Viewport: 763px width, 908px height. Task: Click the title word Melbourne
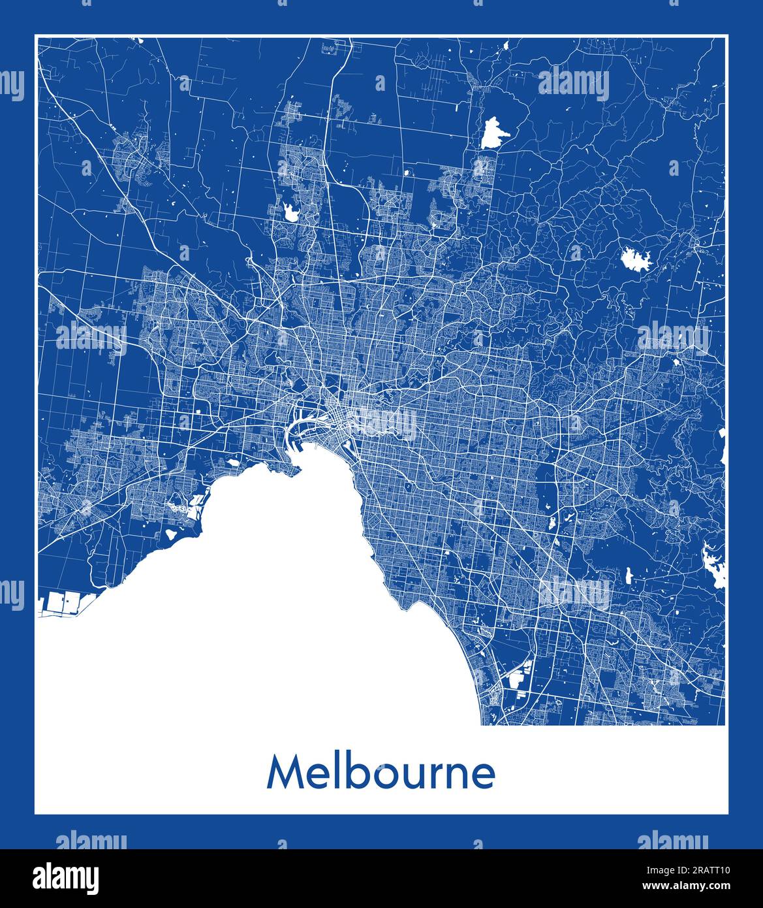(x=381, y=773)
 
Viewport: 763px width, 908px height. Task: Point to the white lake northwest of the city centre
(x=290, y=211)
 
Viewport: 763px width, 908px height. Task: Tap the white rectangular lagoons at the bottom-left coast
(x=62, y=604)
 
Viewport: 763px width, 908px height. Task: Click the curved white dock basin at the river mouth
(x=305, y=430)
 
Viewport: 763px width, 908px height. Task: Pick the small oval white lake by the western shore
(x=171, y=534)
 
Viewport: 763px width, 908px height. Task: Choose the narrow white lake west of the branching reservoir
(x=628, y=576)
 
